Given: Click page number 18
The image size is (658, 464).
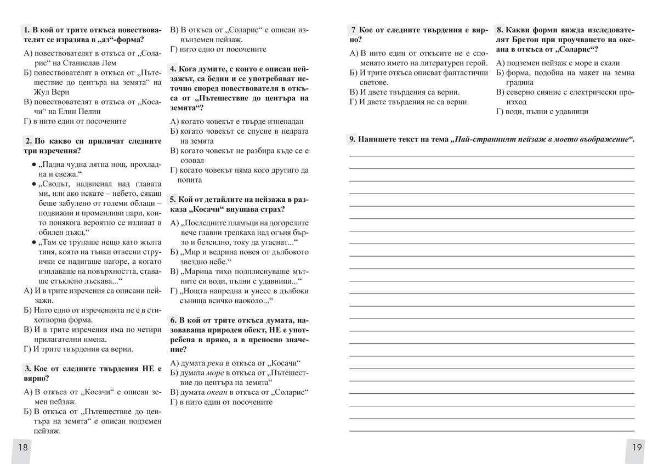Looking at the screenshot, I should pos(22,448).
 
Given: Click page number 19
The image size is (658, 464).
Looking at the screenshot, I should pos(637,448).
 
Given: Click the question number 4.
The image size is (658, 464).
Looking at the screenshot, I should pos(173,69).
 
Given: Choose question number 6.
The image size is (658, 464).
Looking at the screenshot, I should pos(173,320).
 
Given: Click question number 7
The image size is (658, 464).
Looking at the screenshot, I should pos(354,30).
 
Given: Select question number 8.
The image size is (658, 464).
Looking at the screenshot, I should pos(500,30).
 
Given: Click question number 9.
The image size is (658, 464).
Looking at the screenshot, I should pos(352,139).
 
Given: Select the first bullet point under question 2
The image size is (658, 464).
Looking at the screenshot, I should pos(34,165).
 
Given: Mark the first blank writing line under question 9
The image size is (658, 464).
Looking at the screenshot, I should pos(492,156).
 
